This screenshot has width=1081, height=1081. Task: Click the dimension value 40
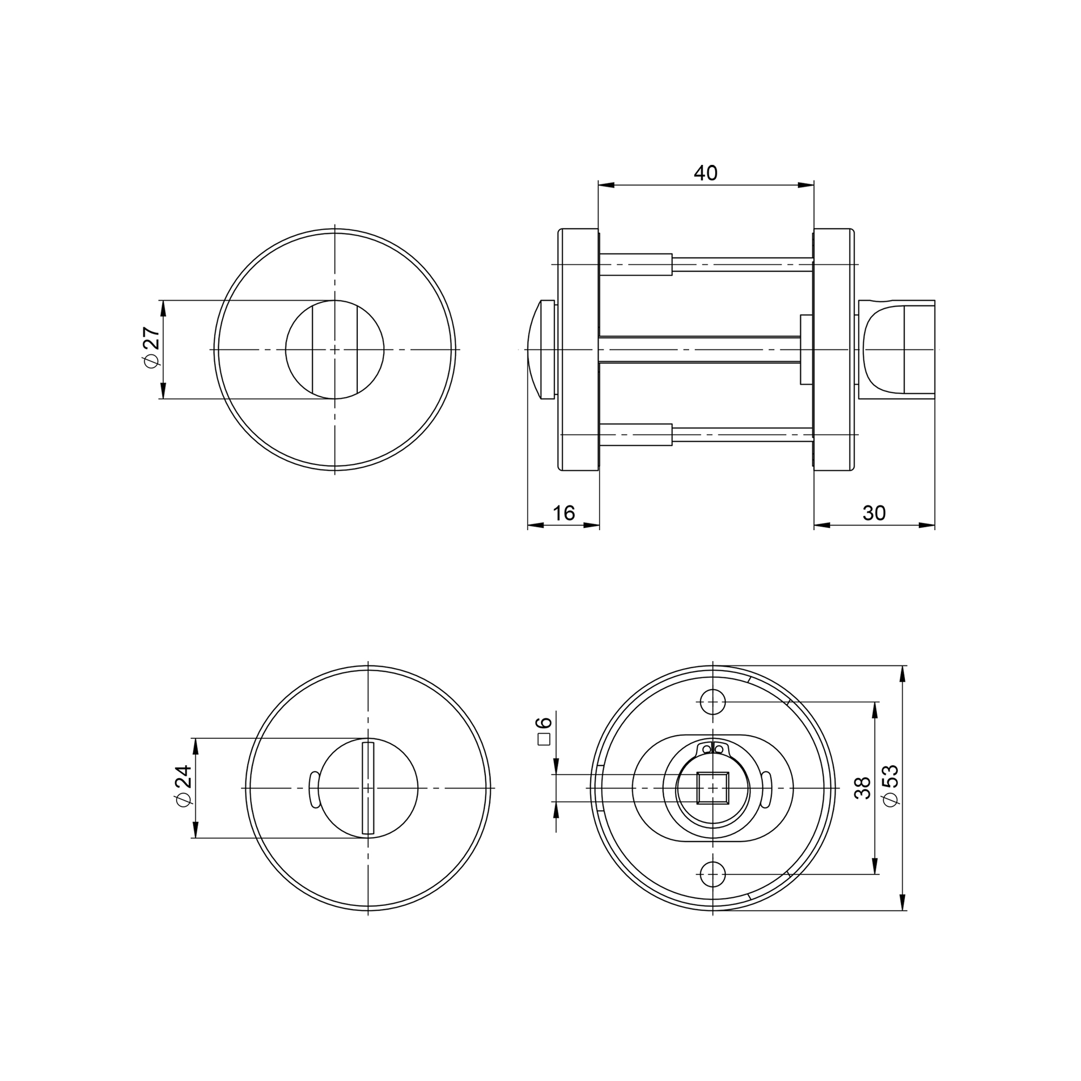(705, 174)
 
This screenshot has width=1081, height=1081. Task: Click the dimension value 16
(563, 512)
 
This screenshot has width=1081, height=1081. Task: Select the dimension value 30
(874, 512)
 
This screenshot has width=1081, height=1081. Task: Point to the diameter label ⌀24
(184, 786)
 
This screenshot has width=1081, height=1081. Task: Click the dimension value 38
(863, 788)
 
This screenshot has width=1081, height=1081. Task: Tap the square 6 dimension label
(544, 731)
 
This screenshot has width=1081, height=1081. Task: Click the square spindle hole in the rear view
(713, 788)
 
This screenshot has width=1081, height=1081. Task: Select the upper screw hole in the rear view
(713, 702)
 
